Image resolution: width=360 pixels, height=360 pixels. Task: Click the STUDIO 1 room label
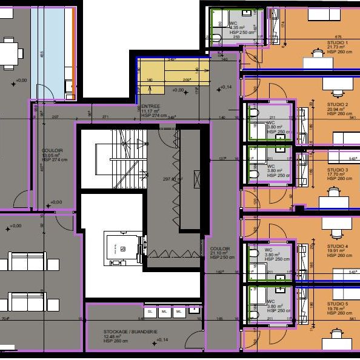click(338, 43)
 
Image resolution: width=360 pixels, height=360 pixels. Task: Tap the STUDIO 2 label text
click(338, 105)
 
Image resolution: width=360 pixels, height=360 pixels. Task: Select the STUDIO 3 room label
click(338, 170)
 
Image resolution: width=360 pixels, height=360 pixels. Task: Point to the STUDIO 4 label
click(338, 246)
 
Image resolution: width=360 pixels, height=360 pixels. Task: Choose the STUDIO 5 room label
click(338, 304)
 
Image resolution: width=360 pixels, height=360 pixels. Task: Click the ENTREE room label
click(149, 106)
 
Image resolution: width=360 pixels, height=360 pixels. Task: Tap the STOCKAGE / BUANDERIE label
click(122, 332)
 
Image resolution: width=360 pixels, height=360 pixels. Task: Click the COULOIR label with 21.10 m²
click(219, 248)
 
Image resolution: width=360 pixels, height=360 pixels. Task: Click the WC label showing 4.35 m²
click(233, 24)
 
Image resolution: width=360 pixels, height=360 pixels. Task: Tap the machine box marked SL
click(150, 312)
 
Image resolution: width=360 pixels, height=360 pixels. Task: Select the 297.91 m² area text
click(173, 179)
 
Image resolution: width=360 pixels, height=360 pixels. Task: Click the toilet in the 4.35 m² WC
click(216, 37)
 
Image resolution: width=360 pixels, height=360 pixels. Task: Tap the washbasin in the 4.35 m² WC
click(248, 13)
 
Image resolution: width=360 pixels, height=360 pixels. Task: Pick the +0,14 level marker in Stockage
click(162, 341)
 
